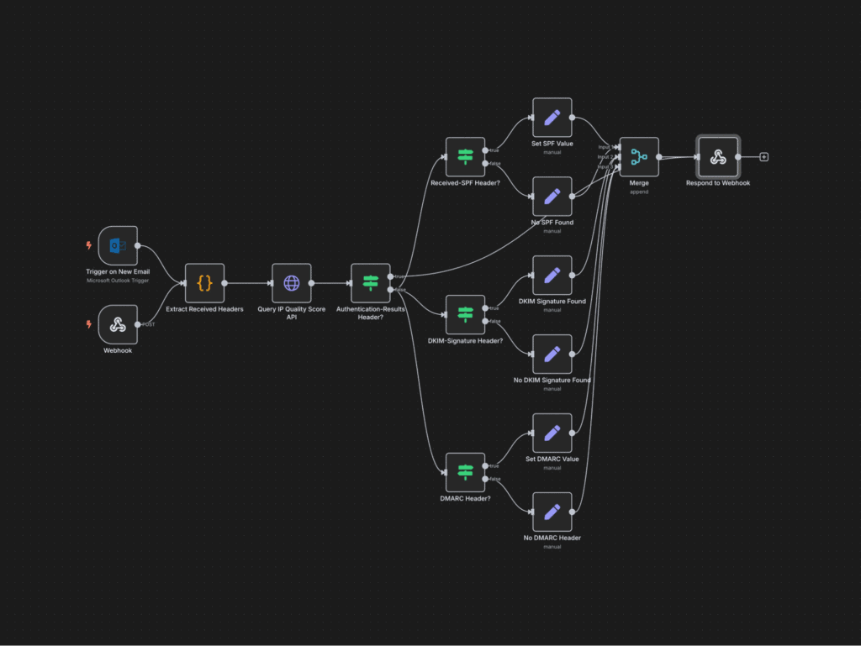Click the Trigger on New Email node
118,245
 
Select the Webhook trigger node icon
118,324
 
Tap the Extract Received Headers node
204,283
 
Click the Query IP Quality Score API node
291,283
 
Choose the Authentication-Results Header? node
370,283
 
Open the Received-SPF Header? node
465,157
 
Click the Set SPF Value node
552,118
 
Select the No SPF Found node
552,197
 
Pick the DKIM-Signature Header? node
465,315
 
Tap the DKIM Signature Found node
552,276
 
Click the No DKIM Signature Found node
552,355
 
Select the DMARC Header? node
465,472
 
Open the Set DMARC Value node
552,433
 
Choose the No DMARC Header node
552,512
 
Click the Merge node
639,157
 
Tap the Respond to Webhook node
717,157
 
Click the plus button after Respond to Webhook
763,157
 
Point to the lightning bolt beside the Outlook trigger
88,245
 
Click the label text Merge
639,182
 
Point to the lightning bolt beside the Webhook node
88,324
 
